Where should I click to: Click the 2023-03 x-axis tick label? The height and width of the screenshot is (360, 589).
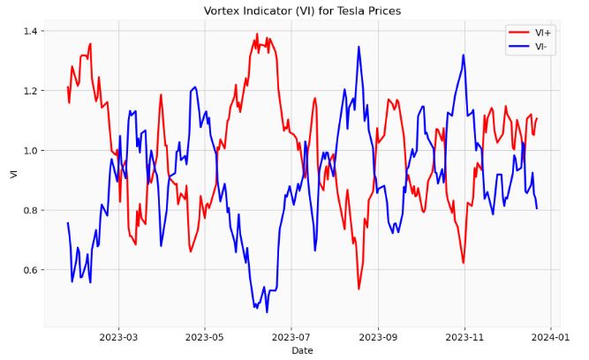point(118,337)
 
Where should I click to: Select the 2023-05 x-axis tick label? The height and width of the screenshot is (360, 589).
point(205,337)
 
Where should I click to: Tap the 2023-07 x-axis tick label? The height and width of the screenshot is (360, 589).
point(291,337)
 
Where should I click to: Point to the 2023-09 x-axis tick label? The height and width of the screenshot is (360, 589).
point(379,337)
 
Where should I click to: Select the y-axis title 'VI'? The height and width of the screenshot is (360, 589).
point(12,174)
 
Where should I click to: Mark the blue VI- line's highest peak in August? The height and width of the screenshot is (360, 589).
point(359,47)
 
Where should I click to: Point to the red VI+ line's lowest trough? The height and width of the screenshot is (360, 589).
point(359,289)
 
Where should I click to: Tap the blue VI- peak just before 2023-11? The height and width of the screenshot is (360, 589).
point(463,55)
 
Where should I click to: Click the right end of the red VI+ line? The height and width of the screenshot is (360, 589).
point(537,118)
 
